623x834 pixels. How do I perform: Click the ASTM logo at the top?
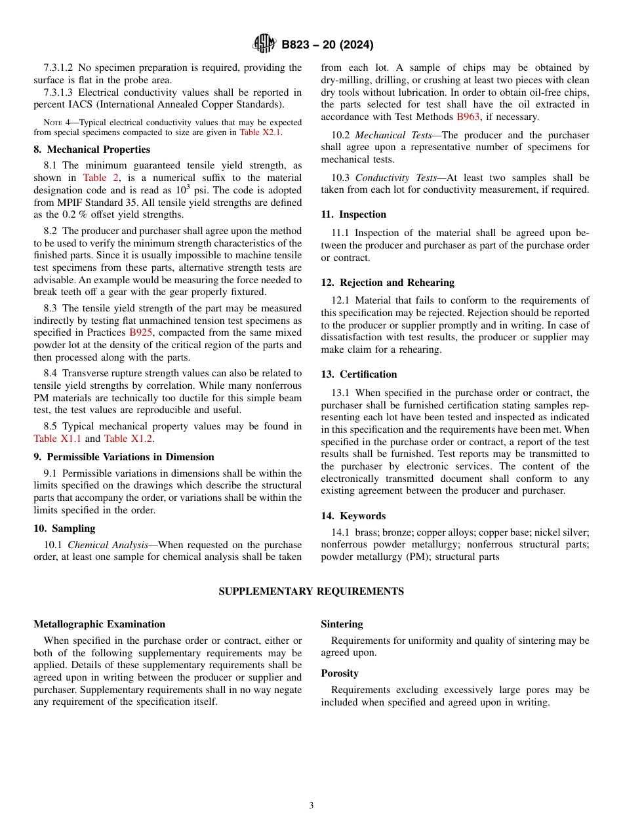pyautogui.click(x=264, y=45)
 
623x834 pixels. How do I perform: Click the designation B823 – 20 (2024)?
pyautogui.click(x=327, y=45)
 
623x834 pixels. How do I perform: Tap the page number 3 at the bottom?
pyautogui.click(x=311, y=806)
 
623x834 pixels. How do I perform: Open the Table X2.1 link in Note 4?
pyautogui.click(x=260, y=132)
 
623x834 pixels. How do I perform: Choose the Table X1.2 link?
pyautogui.click(x=129, y=439)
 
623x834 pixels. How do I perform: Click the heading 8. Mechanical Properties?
pyautogui.click(x=92, y=149)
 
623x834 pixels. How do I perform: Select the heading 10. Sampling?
pyautogui.click(x=64, y=528)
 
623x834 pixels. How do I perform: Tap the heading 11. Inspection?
pyautogui.click(x=353, y=214)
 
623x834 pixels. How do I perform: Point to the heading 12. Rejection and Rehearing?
pyautogui.click(x=387, y=283)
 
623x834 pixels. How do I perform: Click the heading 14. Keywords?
pyautogui.click(x=353, y=516)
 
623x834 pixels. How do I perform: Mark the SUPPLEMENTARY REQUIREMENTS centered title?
pyautogui.click(x=311, y=591)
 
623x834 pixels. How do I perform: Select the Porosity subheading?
pyautogui.click(x=339, y=673)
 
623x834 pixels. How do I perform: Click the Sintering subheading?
pyautogui.click(x=342, y=624)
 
